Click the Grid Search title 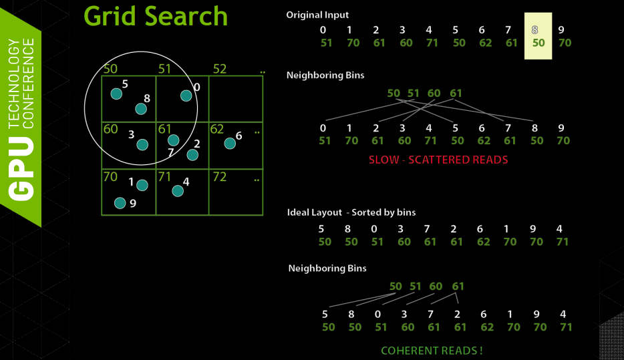(x=156, y=16)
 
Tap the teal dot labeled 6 (x=230, y=143)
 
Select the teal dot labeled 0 (x=186, y=96)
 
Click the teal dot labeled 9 (x=120, y=203)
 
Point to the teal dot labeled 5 (x=116, y=94)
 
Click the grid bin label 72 (x=219, y=177)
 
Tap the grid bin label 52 (x=220, y=69)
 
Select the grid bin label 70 (x=111, y=177)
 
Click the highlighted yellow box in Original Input (x=538, y=36)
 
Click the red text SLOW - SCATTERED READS (x=438, y=160)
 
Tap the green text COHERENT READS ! (x=432, y=351)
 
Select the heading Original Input (x=317, y=15)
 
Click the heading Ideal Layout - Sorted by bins (x=351, y=212)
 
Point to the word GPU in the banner (x=21, y=167)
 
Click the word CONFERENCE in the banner (x=29, y=83)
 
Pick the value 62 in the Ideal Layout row (x=483, y=242)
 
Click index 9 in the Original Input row (x=561, y=29)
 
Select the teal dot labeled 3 (x=142, y=144)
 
